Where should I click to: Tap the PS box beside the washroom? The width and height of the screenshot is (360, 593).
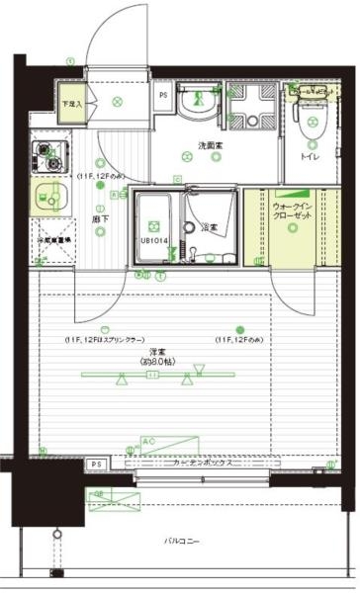point(163,96)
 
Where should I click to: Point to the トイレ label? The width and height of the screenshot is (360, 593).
point(310,156)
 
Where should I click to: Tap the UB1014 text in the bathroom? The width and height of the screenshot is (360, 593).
point(153,240)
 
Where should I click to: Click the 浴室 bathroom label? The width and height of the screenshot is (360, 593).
point(210,228)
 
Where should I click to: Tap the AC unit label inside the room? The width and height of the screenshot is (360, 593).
point(148,441)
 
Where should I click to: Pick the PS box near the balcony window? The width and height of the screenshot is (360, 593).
point(96,465)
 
